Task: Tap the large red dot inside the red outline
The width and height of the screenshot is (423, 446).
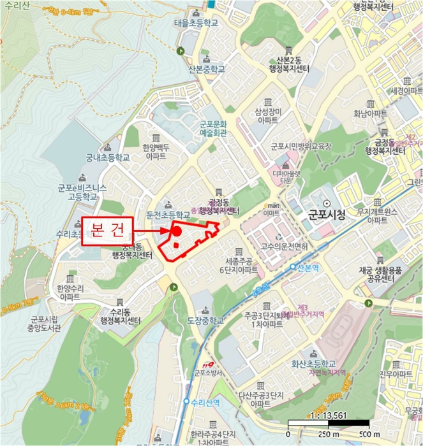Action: click(x=175, y=232)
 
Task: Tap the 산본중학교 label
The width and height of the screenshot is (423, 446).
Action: click(x=207, y=69)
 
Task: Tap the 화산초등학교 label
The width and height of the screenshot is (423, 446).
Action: click(x=313, y=363)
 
